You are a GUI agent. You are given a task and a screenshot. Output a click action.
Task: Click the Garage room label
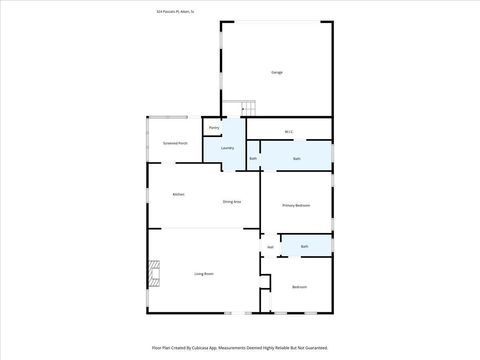[276, 72]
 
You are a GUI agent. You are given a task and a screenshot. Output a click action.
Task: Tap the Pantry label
[214, 128]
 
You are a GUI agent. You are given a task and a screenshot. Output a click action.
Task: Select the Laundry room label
[228, 149]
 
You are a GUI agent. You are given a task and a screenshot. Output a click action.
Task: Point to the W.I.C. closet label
[288, 132]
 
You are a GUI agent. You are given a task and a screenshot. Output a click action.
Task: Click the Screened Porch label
[176, 143]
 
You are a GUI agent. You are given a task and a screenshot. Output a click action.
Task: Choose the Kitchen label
[178, 194]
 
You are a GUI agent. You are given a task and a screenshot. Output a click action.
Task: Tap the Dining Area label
[231, 202]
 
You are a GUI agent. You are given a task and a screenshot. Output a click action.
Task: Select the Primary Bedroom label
[296, 205]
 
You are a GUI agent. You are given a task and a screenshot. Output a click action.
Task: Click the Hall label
[270, 247]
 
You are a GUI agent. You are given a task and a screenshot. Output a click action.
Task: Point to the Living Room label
[204, 273]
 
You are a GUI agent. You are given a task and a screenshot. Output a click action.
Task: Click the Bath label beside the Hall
[304, 246]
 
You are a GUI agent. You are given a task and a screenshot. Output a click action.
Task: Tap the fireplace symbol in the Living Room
[153, 274]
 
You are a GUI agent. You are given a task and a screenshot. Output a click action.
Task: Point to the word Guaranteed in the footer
[312, 347]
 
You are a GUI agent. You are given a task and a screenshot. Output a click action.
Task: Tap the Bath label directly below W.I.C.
[297, 159]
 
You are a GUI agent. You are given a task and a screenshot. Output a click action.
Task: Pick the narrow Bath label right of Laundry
[253, 159]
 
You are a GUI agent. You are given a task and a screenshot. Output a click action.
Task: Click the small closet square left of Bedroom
[265, 299]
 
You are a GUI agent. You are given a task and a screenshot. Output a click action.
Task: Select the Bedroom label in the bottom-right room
[299, 287]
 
